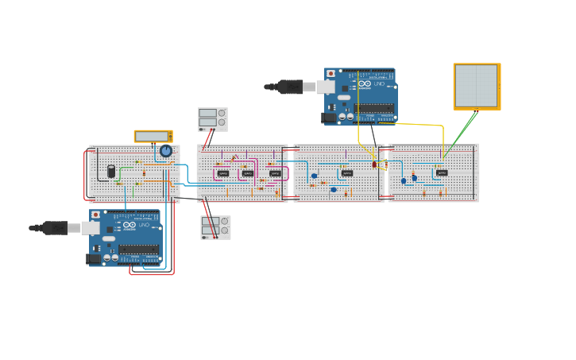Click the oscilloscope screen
(477, 86)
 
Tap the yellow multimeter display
(152, 136)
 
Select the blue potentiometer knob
(166, 150)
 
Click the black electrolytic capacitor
(111, 171)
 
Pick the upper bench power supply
(212, 119)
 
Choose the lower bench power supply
(215, 226)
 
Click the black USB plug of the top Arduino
(290, 87)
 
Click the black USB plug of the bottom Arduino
(55, 228)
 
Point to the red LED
(374, 165)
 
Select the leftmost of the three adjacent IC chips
(223, 173)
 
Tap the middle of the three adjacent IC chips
(248, 173)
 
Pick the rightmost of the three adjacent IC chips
(275, 173)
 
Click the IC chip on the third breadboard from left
(346, 172)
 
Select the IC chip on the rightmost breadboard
(442, 172)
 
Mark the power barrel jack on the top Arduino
(328, 117)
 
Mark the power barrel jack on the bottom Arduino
(93, 258)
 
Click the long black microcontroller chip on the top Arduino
(373, 108)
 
